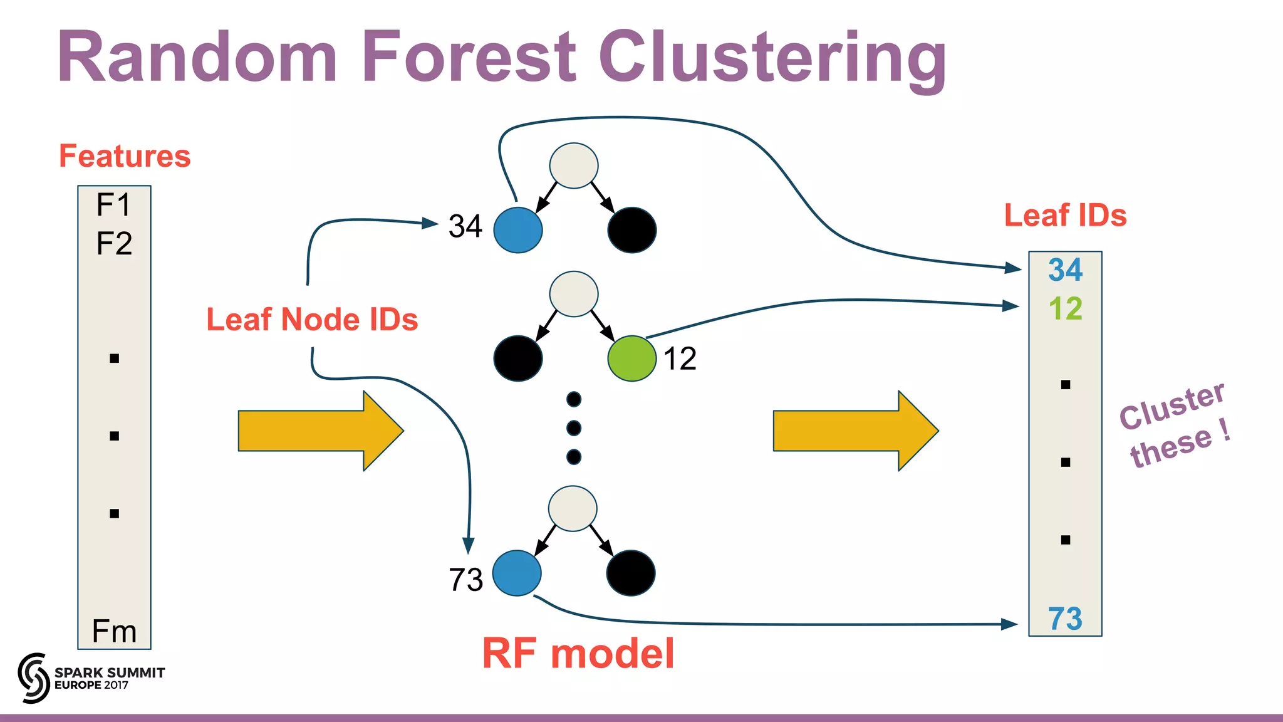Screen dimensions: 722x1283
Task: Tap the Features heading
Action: tap(125, 155)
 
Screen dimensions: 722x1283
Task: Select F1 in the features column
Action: tap(113, 204)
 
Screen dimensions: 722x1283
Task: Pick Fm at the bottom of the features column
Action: tap(114, 630)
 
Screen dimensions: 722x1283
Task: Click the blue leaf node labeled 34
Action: tap(517, 230)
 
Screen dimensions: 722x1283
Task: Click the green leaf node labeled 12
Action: tap(631, 358)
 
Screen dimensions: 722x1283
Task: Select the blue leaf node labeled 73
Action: tap(517, 573)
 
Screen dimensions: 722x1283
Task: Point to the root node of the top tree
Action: tap(573, 165)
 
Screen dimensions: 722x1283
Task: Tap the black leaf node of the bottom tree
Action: tap(630, 573)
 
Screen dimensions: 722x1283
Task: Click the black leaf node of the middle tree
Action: tap(517, 358)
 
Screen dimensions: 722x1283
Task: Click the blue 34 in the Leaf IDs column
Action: tap(1065, 270)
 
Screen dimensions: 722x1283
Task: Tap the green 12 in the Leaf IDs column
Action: tap(1065, 308)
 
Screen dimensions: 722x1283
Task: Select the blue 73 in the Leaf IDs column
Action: tap(1065, 619)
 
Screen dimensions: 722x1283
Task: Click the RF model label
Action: tap(578, 653)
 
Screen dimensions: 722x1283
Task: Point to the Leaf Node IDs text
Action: tap(312, 319)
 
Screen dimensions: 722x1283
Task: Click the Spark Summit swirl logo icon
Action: tap(33, 678)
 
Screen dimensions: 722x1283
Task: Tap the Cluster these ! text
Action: tap(1175, 426)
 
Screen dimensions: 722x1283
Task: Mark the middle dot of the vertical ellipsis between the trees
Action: tap(573, 428)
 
